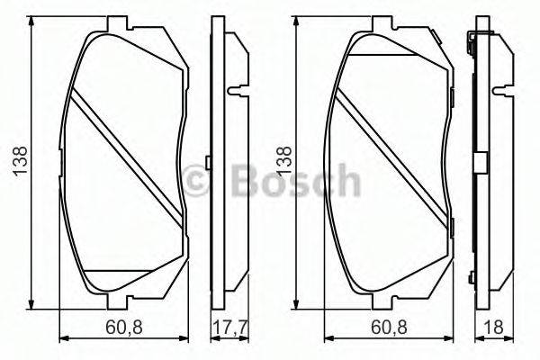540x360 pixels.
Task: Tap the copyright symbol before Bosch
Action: pos(201,181)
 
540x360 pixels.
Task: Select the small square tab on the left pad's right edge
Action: pos(208,163)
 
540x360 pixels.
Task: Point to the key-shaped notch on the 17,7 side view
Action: pos(237,91)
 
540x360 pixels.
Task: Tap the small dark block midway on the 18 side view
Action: pos(481,163)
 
